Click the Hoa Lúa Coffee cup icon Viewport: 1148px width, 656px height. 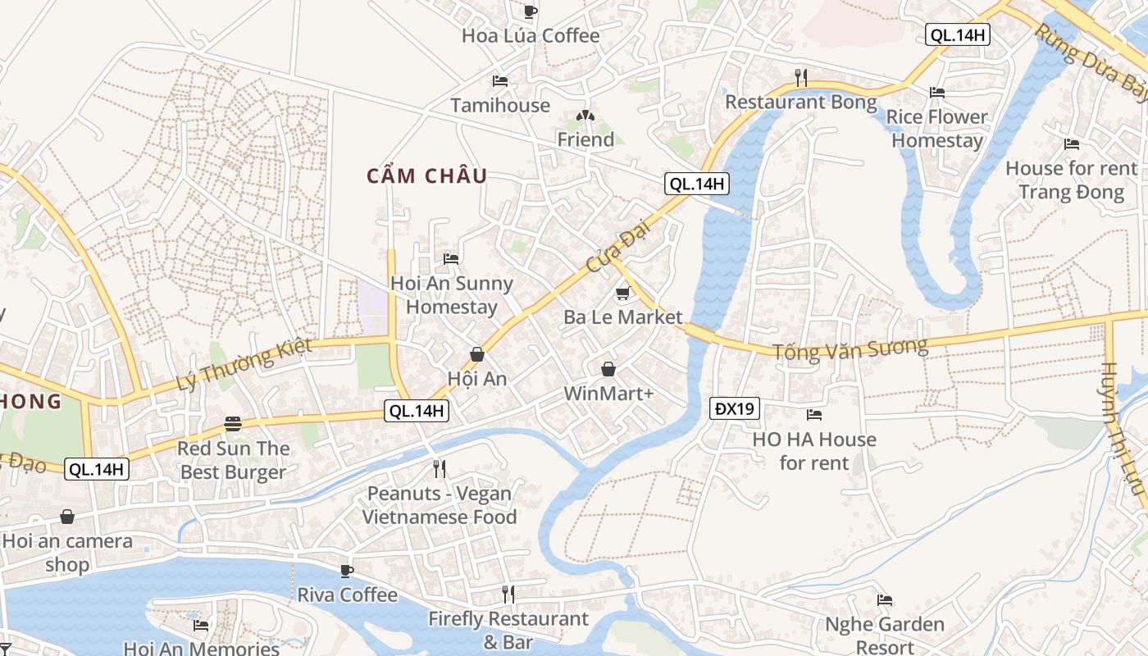click(531, 11)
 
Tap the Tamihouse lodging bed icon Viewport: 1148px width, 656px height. click(500, 81)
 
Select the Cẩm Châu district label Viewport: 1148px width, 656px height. click(426, 175)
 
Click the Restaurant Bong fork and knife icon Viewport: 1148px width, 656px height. click(801, 78)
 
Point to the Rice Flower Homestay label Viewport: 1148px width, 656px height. click(937, 129)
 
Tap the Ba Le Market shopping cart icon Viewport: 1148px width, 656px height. click(622, 294)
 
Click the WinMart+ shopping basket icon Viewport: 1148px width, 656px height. click(608, 370)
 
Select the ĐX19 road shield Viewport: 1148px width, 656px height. click(735, 408)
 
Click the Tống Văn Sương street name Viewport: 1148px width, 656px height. click(850, 349)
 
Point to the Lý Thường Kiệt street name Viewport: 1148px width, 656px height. click(244, 365)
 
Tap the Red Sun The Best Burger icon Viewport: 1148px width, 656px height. click(233, 424)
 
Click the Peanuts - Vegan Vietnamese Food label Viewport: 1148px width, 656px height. click(440, 505)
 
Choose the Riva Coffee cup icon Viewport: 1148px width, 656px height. click(347, 571)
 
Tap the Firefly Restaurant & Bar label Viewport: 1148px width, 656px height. click(508, 630)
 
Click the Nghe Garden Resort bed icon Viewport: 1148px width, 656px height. click(885, 600)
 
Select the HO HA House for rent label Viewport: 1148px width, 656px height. click(814, 451)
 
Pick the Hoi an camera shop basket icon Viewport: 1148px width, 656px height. click(67, 517)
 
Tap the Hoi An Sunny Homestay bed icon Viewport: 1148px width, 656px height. click(451, 259)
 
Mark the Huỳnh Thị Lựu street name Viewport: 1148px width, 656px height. click(1122, 428)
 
